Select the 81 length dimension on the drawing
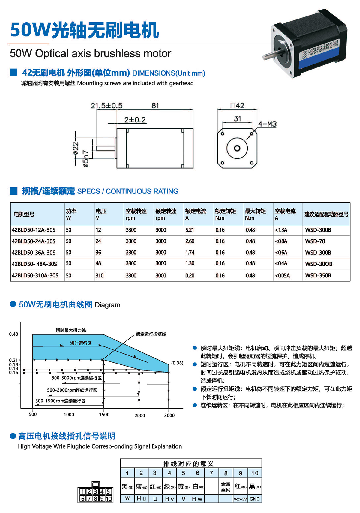(x=155, y=106)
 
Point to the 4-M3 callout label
(x=267, y=124)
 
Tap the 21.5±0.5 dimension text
(x=106, y=106)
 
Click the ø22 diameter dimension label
(x=76, y=148)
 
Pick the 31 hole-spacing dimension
(x=237, y=119)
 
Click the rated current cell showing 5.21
(x=190, y=230)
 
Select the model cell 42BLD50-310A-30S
(x=35, y=275)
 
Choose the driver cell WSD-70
(x=315, y=241)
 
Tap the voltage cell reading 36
(x=98, y=253)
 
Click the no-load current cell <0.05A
(x=282, y=275)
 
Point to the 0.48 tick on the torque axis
(x=13, y=334)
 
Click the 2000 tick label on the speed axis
(x=139, y=415)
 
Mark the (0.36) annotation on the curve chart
(x=177, y=363)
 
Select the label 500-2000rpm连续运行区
(x=72, y=390)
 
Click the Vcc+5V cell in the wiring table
(x=240, y=499)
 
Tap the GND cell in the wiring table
(x=255, y=499)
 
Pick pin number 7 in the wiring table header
(x=211, y=473)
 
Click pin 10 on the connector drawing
(x=109, y=499)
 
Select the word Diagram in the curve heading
(x=107, y=305)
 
